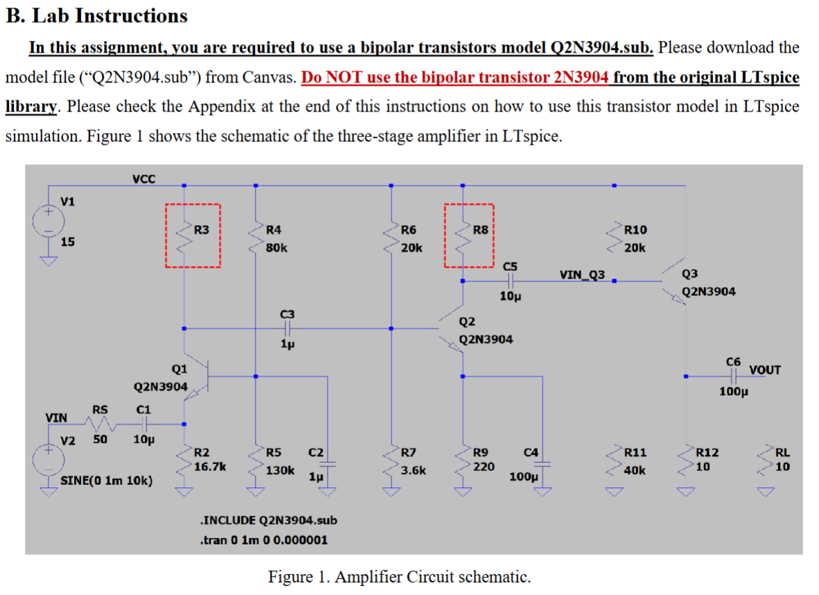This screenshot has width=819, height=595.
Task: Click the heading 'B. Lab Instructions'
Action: coord(96,16)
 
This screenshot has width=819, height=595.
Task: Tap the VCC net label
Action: coord(144,179)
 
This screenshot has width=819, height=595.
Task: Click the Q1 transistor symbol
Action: coord(200,378)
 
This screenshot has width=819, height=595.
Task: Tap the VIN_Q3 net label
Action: coord(582,275)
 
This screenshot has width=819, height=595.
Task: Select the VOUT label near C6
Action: coord(765,370)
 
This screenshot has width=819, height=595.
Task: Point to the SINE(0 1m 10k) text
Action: coord(107,480)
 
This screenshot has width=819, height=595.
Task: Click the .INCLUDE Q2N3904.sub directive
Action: coord(268,520)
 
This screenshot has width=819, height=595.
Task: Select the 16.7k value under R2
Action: coord(210,467)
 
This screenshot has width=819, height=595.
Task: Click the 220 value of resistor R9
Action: coord(484,467)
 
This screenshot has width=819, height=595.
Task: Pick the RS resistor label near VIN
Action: coord(100,409)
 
